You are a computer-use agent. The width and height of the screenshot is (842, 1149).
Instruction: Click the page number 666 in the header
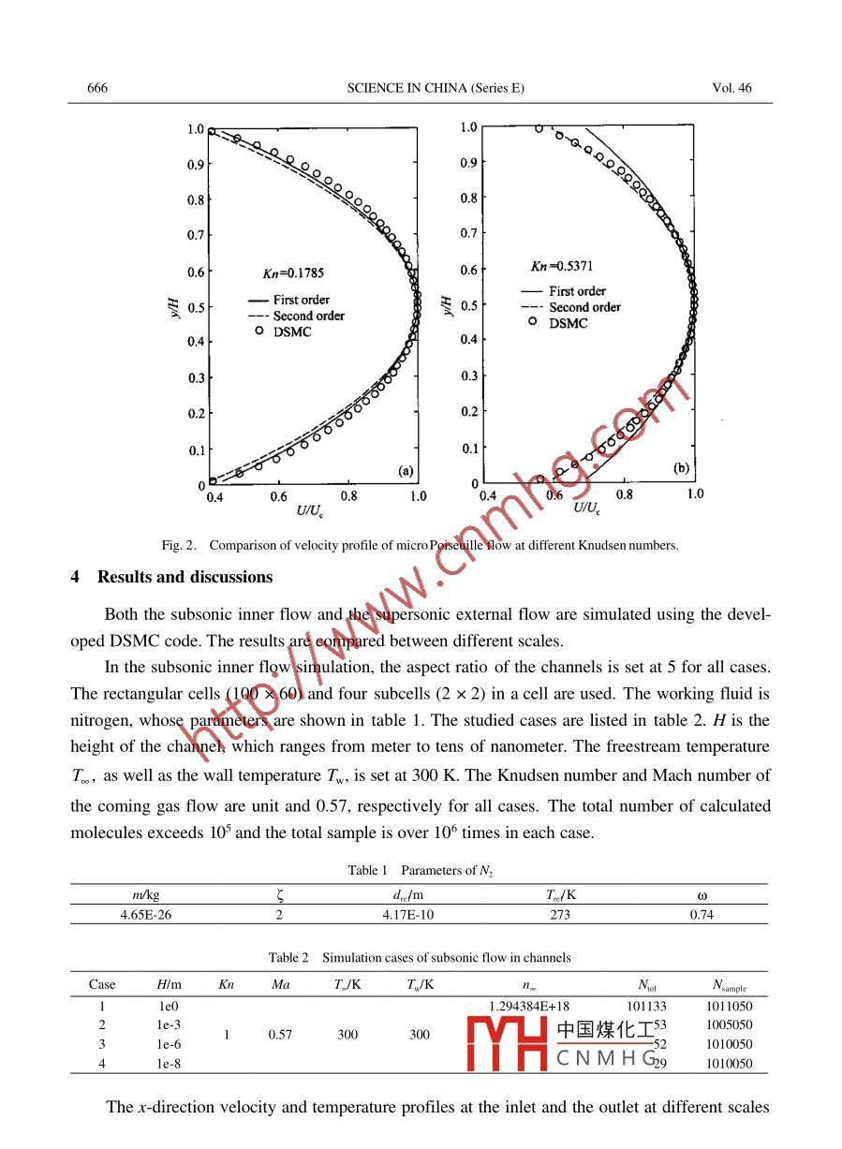point(97,88)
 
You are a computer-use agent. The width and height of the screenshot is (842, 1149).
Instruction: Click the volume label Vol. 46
point(731,88)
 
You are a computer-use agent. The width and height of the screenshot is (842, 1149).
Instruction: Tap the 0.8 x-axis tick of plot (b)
point(625,493)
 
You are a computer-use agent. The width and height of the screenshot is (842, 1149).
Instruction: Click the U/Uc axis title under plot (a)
point(311,510)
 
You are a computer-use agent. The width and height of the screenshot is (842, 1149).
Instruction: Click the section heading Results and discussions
point(185,577)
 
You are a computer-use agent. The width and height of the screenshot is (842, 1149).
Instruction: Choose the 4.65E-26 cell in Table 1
point(145,915)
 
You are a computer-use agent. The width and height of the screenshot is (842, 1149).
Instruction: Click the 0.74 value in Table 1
point(702,915)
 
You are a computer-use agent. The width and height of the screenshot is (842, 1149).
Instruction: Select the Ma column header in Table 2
point(280,984)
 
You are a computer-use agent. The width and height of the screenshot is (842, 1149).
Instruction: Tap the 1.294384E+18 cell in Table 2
point(529,1007)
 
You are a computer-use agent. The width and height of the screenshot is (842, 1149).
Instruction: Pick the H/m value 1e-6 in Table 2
point(169,1044)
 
